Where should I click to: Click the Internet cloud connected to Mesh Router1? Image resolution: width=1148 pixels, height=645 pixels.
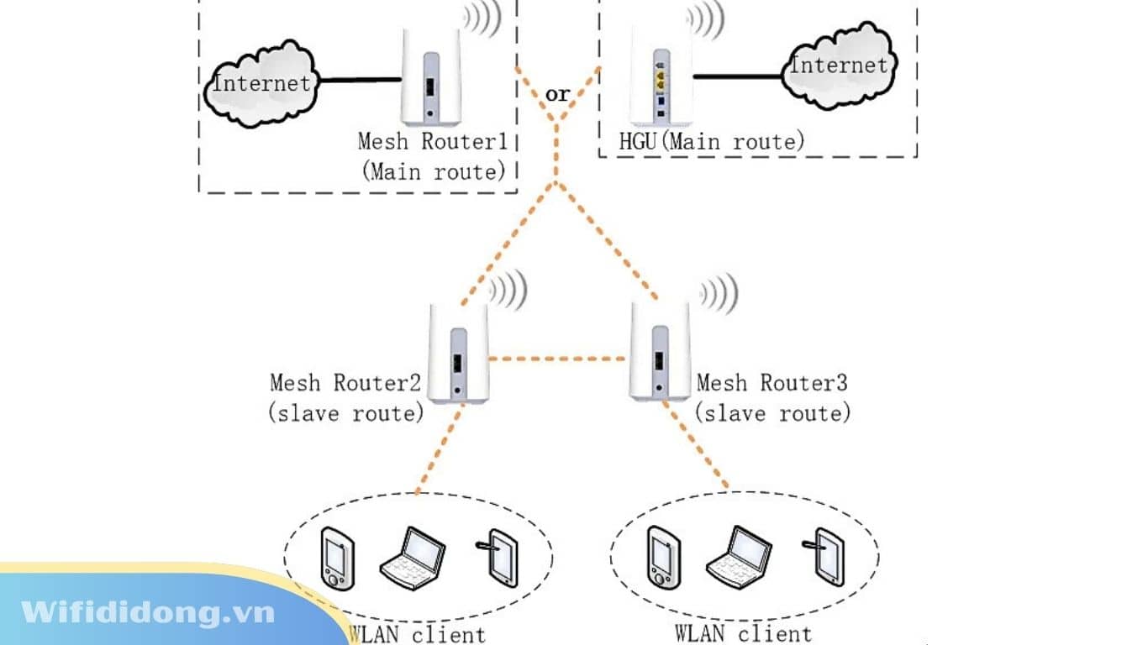tap(261, 82)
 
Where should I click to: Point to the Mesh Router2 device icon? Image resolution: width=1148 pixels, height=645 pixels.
tap(456, 354)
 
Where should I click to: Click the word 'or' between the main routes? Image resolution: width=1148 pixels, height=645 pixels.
tap(558, 94)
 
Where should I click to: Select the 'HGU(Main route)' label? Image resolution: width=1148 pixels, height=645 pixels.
tap(711, 140)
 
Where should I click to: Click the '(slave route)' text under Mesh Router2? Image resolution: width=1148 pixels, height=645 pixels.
tap(346, 413)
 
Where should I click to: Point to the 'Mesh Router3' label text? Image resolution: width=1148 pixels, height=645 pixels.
tap(771, 383)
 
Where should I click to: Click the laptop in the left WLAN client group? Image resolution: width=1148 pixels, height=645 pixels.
tap(412, 556)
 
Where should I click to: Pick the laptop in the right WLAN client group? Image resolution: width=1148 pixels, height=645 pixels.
tap(738, 555)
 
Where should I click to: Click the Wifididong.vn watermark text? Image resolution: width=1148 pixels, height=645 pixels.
tap(148, 612)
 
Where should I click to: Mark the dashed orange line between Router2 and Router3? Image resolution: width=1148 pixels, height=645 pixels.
tap(558, 359)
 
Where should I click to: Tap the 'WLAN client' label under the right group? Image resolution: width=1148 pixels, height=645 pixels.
tap(744, 632)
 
